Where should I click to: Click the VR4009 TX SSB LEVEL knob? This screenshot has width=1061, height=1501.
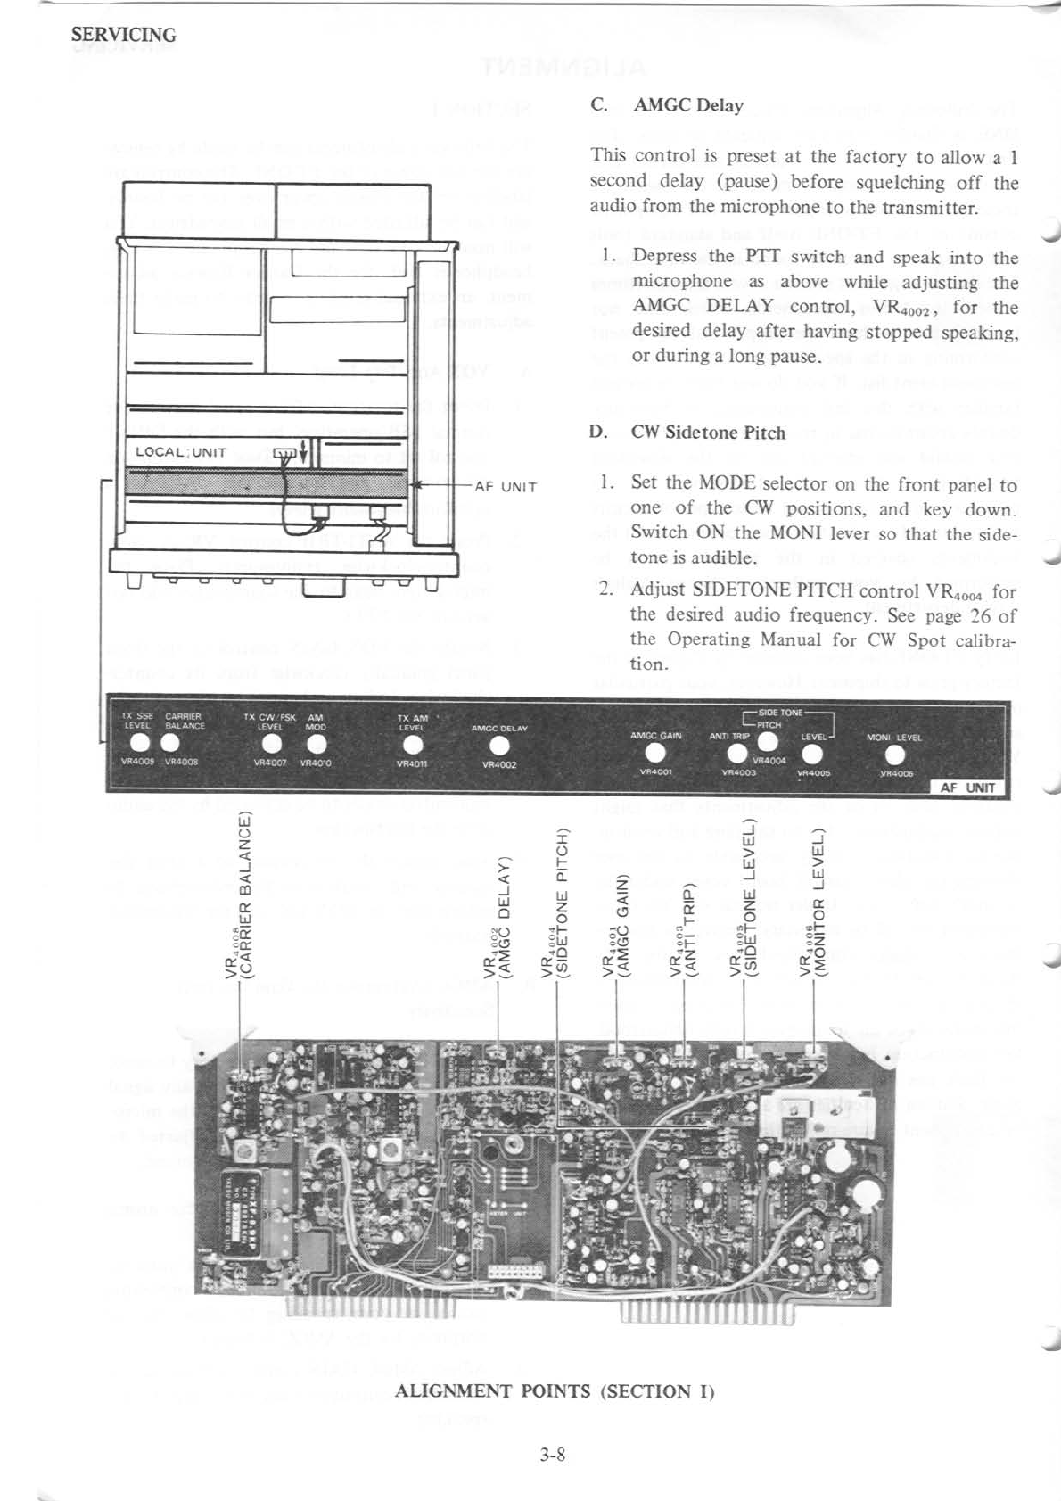point(140,743)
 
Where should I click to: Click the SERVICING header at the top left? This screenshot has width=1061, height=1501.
point(124,35)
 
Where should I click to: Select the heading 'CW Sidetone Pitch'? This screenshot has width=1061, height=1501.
point(708,433)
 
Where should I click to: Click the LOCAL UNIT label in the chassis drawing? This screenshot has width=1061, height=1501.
point(181,452)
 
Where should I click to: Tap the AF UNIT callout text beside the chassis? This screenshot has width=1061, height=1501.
point(506,487)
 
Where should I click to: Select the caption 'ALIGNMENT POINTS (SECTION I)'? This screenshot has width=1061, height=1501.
point(555,1390)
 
